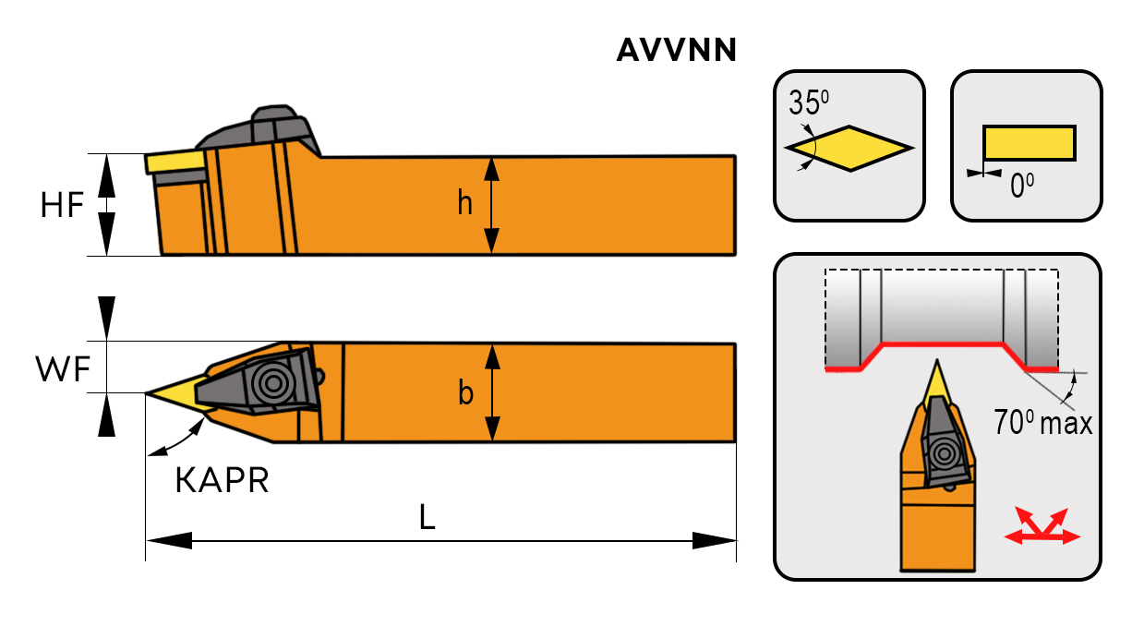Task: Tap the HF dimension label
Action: pyautogui.click(x=63, y=205)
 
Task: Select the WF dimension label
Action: pyautogui.click(x=63, y=369)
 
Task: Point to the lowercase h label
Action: pyautogui.click(x=465, y=204)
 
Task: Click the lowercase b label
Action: pyautogui.click(x=466, y=393)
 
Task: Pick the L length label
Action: pyautogui.click(x=427, y=518)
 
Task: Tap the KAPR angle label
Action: pyautogui.click(x=222, y=480)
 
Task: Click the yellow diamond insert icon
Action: pyautogui.click(x=849, y=148)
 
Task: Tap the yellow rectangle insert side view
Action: pyautogui.click(x=1029, y=143)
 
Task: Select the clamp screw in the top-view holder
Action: pyautogui.click(x=273, y=382)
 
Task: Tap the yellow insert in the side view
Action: pyautogui.click(x=175, y=162)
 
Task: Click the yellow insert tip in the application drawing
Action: pyautogui.click(x=939, y=380)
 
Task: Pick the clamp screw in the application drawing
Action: pyautogui.click(x=944, y=453)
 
